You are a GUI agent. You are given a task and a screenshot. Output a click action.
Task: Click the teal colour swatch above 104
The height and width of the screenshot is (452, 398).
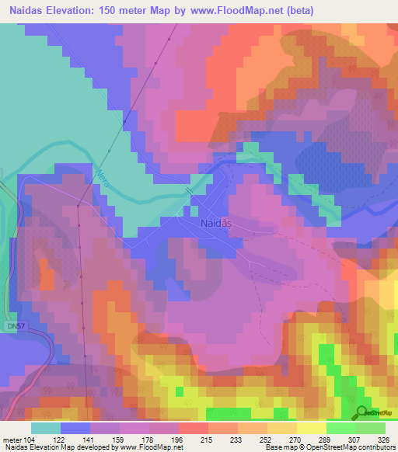pyautogui.click(x=46, y=428)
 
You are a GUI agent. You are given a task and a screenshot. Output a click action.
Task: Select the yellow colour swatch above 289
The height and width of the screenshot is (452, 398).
pyautogui.click(x=312, y=428)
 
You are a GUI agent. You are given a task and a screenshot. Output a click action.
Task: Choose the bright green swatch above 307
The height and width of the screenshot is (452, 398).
pyautogui.click(x=341, y=428)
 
